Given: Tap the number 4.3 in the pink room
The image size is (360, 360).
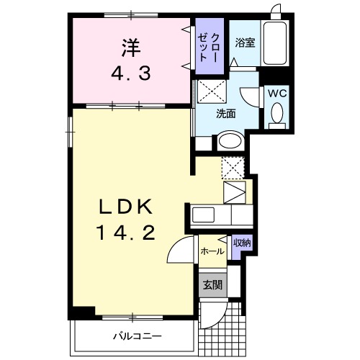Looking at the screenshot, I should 130,73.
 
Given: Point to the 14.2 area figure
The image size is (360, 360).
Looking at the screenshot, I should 127,233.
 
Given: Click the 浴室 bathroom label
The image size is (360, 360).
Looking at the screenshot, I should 246,43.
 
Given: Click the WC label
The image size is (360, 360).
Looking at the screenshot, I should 278,94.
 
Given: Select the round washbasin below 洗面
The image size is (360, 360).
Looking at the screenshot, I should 228,141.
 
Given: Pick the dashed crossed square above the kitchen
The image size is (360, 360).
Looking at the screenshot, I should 233,167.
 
